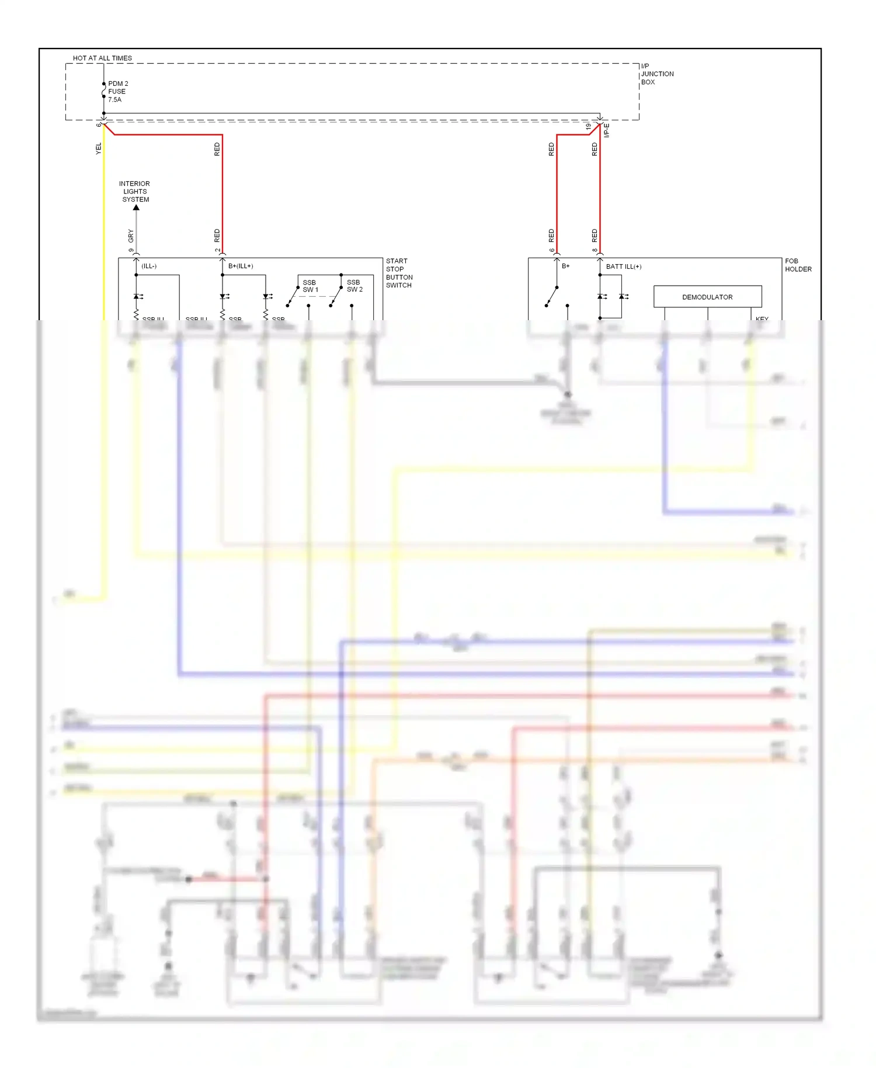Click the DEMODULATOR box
[x=707, y=297]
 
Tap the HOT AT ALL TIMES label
[x=102, y=58]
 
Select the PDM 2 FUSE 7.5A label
[x=117, y=92]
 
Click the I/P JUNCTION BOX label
[x=656, y=74]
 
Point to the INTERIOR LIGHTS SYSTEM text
[x=135, y=192]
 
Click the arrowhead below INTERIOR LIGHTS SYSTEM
[x=136, y=207]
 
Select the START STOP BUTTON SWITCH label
[x=399, y=273]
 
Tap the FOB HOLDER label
[x=798, y=265]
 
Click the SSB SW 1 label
[x=310, y=286]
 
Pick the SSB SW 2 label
[x=354, y=286]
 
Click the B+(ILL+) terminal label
[x=241, y=266]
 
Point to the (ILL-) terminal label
[x=149, y=266]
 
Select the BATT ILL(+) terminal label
[x=623, y=266]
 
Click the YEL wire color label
[x=98, y=148]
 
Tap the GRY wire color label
[x=131, y=235]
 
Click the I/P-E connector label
[x=606, y=130]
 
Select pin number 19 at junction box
[x=588, y=126]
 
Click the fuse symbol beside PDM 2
[x=104, y=91]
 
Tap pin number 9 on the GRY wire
[x=131, y=251]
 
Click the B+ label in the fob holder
[x=565, y=266]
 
